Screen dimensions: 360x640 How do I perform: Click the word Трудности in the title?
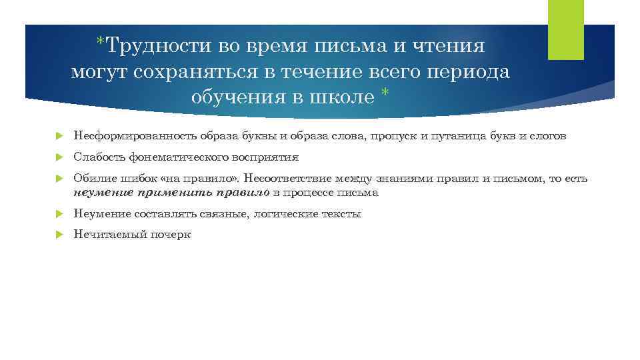pyautogui.click(x=153, y=46)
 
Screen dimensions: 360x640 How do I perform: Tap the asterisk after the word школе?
pyautogui.click(x=385, y=95)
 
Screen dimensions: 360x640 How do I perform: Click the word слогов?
pyautogui.click(x=549, y=136)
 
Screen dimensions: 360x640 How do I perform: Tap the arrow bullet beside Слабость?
pyautogui.click(x=59, y=158)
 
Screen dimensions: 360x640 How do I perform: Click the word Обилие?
pyautogui.click(x=90, y=179)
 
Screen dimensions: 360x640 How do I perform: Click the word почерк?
pyautogui.click(x=173, y=235)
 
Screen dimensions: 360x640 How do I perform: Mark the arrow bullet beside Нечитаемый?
pyautogui.click(x=59, y=235)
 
